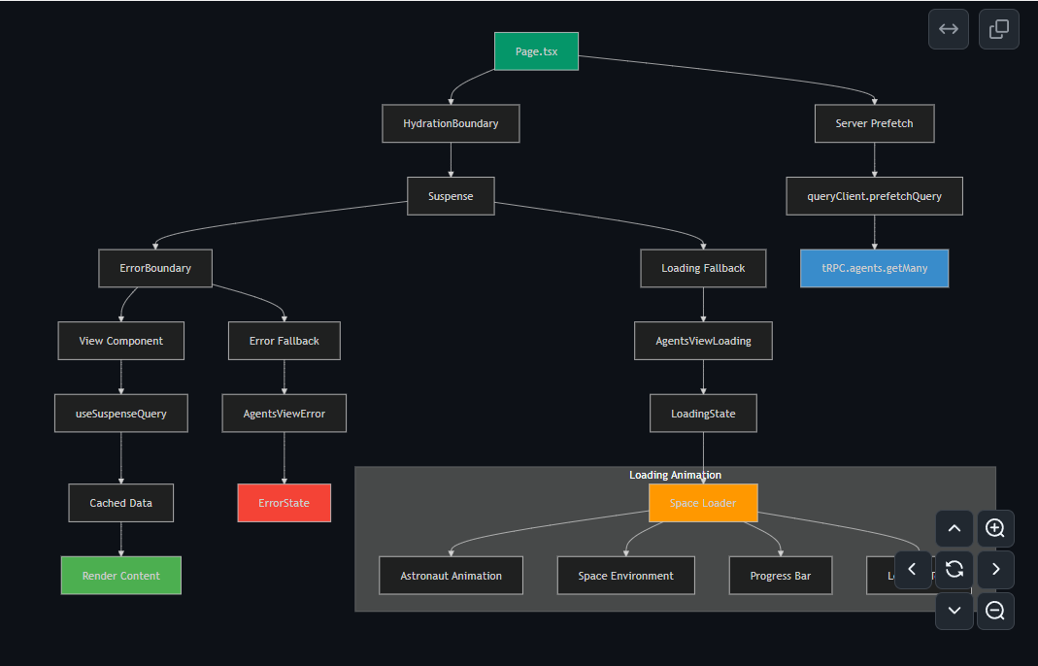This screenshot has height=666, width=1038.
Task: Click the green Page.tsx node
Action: click(x=536, y=51)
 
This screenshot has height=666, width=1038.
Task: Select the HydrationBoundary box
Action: click(x=451, y=123)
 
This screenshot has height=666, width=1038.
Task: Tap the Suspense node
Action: click(x=451, y=196)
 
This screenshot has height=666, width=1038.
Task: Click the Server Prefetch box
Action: click(x=874, y=123)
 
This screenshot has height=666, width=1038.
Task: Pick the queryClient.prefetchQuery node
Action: click(x=874, y=196)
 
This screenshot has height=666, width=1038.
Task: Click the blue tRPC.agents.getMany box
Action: click(x=874, y=268)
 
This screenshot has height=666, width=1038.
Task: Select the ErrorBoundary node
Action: click(x=155, y=268)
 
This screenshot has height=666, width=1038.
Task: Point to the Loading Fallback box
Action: click(x=703, y=268)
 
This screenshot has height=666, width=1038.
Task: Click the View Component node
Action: click(x=120, y=341)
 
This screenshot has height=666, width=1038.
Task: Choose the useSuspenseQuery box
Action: click(x=120, y=414)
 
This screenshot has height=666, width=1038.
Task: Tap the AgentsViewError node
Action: click(x=284, y=414)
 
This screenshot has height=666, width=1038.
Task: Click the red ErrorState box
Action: click(x=284, y=503)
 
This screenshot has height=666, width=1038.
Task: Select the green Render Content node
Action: click(x=120, y=576)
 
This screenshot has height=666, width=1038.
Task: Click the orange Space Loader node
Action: click(x=703, y=503)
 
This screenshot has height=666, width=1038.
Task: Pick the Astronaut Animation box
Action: click(x=451, y=576)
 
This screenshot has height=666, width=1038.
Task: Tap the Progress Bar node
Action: click(x=780, y=576)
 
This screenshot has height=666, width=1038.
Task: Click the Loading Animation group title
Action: click(x=675, y=475)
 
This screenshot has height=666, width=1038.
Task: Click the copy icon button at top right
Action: click(x=998, y=29)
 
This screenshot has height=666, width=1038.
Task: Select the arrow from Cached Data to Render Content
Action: click(x=120, y=539)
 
